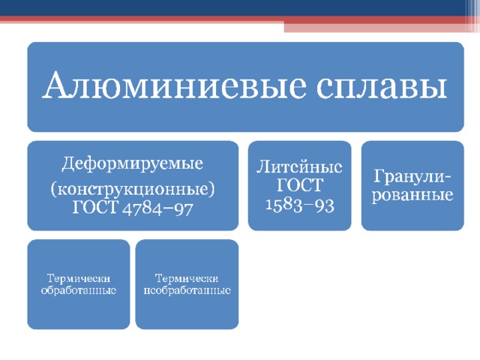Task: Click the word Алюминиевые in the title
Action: [x=174, y=85]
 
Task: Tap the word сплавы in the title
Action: [x=382, y=88]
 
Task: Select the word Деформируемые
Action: [x=132, y=163]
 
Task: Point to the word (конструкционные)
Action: [x=133, y=189]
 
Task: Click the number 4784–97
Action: [x=157, y=208]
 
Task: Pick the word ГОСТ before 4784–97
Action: [x=95, y=207]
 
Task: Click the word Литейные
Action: [x=299, y=167]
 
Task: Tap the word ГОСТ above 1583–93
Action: [x=300, y=184]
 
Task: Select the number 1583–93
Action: [x=300, y=205]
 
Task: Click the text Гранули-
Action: [x=412, y=177]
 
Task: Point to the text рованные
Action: [x=412, y=195]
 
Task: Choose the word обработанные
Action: [x=78, y=290]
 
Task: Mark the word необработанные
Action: [x=187, y=290]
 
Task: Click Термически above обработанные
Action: [x=78, y=278]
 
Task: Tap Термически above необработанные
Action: [x=187, y=278]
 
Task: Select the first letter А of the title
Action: [x=55, y=85]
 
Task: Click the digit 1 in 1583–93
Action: [x=268, y=205]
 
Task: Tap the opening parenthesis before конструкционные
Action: [x=53, y=190]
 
